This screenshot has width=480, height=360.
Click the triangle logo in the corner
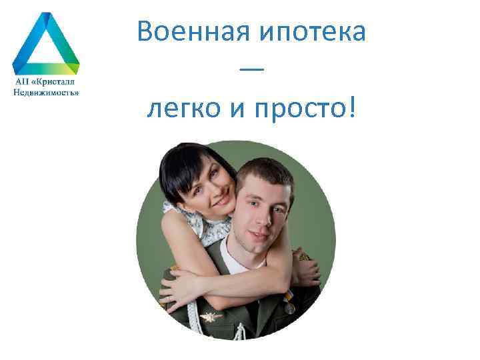click(x=45, y=43)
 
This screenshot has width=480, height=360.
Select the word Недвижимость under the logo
click(x=46, y=93)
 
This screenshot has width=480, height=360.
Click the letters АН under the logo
click(x=22, y=83)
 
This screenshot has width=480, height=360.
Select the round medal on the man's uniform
click(x=289, y=309)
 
